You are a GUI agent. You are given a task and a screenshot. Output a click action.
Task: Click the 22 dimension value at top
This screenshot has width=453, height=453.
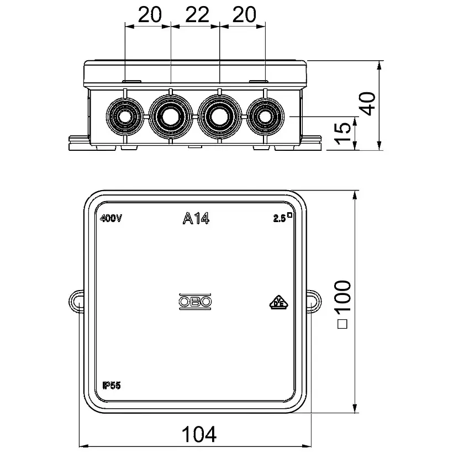point(197,14)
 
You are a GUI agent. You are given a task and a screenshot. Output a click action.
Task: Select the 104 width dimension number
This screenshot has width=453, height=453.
point(199,434)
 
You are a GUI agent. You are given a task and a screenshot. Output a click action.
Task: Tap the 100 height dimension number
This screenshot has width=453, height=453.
point(343,296)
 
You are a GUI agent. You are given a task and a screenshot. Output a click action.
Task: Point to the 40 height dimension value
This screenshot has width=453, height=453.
point(367,104)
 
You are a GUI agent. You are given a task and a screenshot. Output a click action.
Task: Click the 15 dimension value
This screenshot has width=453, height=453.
point(343,133)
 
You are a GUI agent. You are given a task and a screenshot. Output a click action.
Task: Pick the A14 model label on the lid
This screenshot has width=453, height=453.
point(196,218)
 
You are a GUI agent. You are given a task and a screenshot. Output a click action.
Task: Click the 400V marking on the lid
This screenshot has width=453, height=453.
point(111,219)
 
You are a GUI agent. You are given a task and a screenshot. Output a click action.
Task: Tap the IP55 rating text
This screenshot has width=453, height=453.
point(112,385)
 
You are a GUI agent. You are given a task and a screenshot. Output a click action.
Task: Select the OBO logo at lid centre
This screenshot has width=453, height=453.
point(196,302)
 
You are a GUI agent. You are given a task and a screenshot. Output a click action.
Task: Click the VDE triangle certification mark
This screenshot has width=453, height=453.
point(279,303)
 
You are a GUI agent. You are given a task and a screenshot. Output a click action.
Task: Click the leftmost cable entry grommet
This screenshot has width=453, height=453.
point(125,117)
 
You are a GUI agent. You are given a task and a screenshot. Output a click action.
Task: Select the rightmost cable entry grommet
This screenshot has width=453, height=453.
point(265,117)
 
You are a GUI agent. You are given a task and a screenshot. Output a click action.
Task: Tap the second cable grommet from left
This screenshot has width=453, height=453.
point(171,117)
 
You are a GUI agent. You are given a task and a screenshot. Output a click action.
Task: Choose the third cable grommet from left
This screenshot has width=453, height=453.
point(219,117)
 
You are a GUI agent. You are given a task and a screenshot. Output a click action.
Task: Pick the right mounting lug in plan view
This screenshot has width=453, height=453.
point(314,302)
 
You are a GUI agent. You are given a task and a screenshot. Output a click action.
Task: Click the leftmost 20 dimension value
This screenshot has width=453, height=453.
point(150,14)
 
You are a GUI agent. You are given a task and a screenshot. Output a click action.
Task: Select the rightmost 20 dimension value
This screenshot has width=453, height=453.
point(244,14)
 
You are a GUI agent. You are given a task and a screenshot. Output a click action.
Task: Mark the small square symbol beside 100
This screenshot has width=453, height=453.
point(343,324)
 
